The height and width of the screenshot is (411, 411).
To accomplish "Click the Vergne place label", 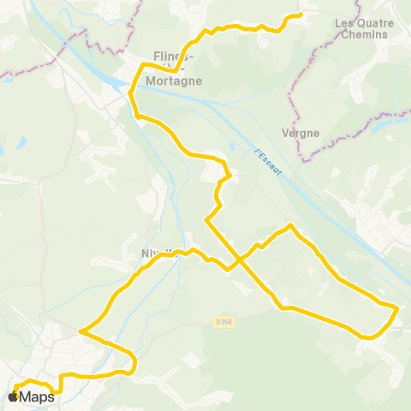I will click(300, 133).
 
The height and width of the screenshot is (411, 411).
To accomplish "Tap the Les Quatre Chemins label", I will click(361, 29).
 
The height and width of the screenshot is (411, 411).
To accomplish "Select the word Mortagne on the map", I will click(174, 80).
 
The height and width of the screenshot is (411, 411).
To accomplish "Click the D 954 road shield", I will click(224, 322).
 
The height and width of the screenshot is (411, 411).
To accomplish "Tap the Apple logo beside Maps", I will click(13, 396).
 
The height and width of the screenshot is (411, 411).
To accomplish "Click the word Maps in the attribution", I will click(36, 396).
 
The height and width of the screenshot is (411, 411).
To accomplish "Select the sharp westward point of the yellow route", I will click(80, 331).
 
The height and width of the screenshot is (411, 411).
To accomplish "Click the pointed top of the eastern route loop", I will click(291, 225).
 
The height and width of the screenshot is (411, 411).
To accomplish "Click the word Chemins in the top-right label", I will click(362, 35).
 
